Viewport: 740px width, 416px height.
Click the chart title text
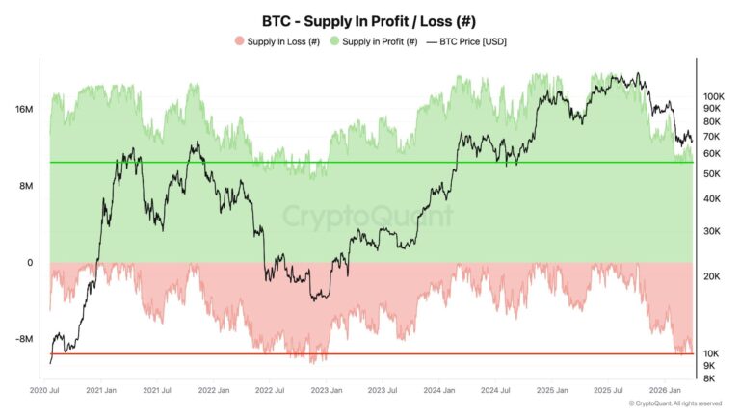370,20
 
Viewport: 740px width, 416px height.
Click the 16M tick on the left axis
24,110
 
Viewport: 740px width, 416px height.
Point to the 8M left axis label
26,186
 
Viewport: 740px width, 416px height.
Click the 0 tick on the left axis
30,262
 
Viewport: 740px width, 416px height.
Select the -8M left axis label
24,339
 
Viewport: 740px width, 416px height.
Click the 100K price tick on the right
713,97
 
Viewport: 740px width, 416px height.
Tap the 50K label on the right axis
712,173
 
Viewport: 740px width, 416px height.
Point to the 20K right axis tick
712,276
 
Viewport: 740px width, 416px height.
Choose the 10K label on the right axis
712,353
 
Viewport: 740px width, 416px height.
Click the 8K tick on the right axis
710,378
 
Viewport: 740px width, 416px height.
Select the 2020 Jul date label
45,390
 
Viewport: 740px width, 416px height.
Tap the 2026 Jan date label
665,390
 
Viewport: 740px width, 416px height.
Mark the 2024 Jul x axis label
496,390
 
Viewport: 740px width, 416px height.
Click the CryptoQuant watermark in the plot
368,215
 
